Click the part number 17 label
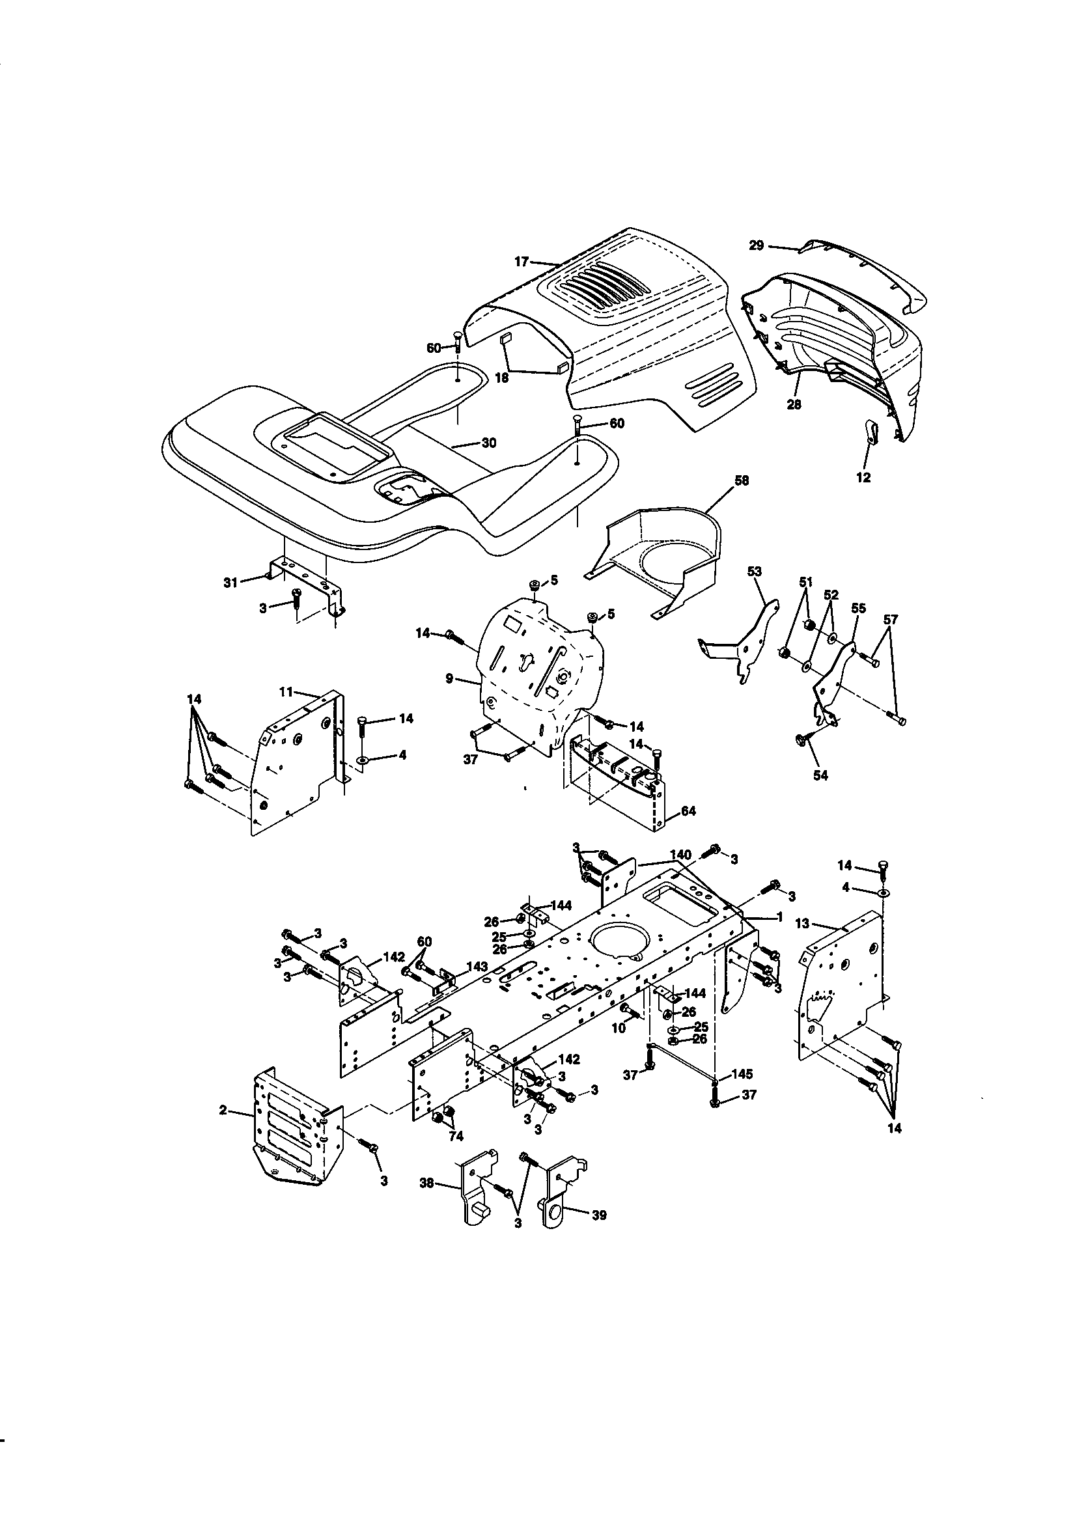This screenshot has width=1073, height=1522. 522,262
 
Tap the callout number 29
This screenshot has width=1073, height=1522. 757,245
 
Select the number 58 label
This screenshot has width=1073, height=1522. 742,480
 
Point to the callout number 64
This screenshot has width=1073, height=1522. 688,810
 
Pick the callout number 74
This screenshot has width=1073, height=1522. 456,1135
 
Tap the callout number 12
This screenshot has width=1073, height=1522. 863,477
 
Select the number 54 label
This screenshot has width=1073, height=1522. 820,775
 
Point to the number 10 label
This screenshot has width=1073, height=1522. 618,1028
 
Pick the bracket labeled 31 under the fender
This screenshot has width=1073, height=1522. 309,584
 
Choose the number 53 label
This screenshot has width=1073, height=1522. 755,571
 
